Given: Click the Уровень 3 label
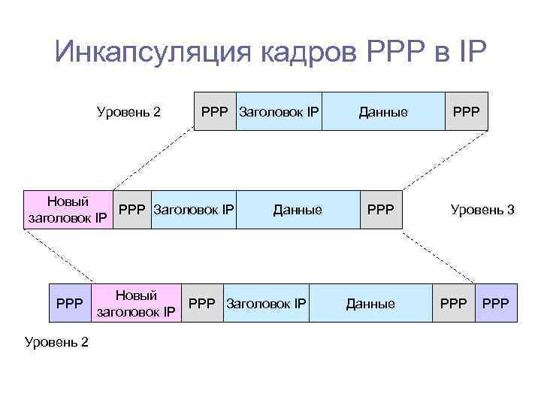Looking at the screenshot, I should click(x=482, y=210).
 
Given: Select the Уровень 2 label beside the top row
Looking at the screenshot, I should click(x=128, y=113).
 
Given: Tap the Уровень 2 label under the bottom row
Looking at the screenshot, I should click(x=56, y=342).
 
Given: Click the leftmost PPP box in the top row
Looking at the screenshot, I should click(x=215, y=112).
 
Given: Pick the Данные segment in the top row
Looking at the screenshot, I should click(x=383, y=112).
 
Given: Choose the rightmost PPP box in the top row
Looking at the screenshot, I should click(x=466, y=112).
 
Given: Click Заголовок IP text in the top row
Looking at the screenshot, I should click(x=279, y=112).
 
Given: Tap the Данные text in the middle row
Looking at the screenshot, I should click(x=298, y=210).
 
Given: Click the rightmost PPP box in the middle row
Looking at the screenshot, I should click(x=380, y=210).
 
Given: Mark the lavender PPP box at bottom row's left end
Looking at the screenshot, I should click(x=70, y=304).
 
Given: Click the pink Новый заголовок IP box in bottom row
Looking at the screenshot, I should click(x=137, y=304).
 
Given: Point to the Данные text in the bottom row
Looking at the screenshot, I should click(x=370, y=304).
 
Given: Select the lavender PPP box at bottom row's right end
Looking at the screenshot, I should click(x=496, y=304).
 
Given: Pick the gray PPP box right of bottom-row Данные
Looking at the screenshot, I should click(x=453, y=304).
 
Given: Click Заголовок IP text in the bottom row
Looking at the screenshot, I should click(x=266, y=304).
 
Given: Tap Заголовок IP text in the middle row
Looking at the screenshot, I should click(x=194, y=210).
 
